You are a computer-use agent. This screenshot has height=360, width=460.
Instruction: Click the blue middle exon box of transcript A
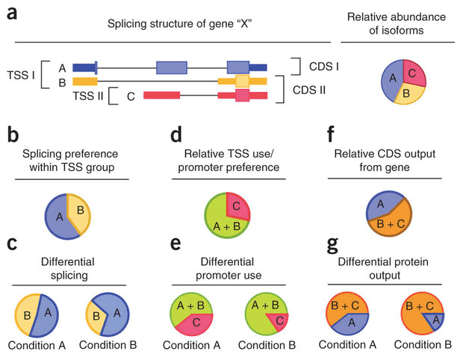(176, 68)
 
